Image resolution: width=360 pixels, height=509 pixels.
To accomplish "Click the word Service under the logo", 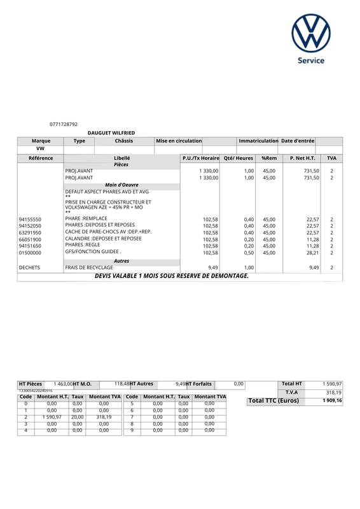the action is [312, 60].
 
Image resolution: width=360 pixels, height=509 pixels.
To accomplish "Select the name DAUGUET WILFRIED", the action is [111, 132].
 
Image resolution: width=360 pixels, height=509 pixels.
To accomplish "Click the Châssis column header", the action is [124, 141].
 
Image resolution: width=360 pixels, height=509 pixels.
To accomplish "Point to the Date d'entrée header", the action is [298, 141].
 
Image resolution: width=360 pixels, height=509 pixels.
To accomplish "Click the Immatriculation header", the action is [258, 141].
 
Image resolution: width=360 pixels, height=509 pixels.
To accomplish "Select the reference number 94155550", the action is [30, 219].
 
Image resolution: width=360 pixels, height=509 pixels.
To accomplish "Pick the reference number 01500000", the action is [30, 253].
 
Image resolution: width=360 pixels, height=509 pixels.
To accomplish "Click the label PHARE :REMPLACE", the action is [86, 219].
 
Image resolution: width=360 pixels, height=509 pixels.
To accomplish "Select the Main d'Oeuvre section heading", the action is [121, 185].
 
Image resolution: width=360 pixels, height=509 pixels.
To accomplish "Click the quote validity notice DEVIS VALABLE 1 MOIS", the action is [172, 276].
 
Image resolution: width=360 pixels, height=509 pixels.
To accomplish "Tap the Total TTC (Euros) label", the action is [273, 401].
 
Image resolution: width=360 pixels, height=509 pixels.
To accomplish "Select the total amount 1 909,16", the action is [331, 401].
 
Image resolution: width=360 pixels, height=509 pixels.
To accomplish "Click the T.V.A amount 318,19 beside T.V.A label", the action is [333, 393].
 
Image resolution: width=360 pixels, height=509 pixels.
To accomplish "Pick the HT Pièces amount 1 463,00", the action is [63, 384].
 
